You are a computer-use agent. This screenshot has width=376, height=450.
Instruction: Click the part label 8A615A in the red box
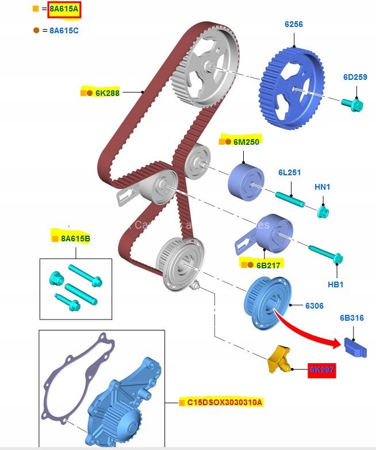point(64,10)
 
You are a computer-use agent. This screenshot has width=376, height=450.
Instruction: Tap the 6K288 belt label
point(107,92)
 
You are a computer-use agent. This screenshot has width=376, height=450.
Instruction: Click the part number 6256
point(293,24)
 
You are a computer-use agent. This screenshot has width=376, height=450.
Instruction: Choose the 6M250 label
point(247,141)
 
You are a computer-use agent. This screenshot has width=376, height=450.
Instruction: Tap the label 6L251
point(290,172)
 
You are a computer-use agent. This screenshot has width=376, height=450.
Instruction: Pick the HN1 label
point(323,187)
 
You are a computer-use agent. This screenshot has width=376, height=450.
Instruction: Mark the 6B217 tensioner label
point(268,265)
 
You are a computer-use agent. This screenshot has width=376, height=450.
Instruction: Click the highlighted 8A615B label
point(75,238)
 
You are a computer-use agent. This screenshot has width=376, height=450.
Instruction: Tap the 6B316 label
point(351,318)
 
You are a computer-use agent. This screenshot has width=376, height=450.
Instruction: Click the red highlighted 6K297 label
point(321,371)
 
